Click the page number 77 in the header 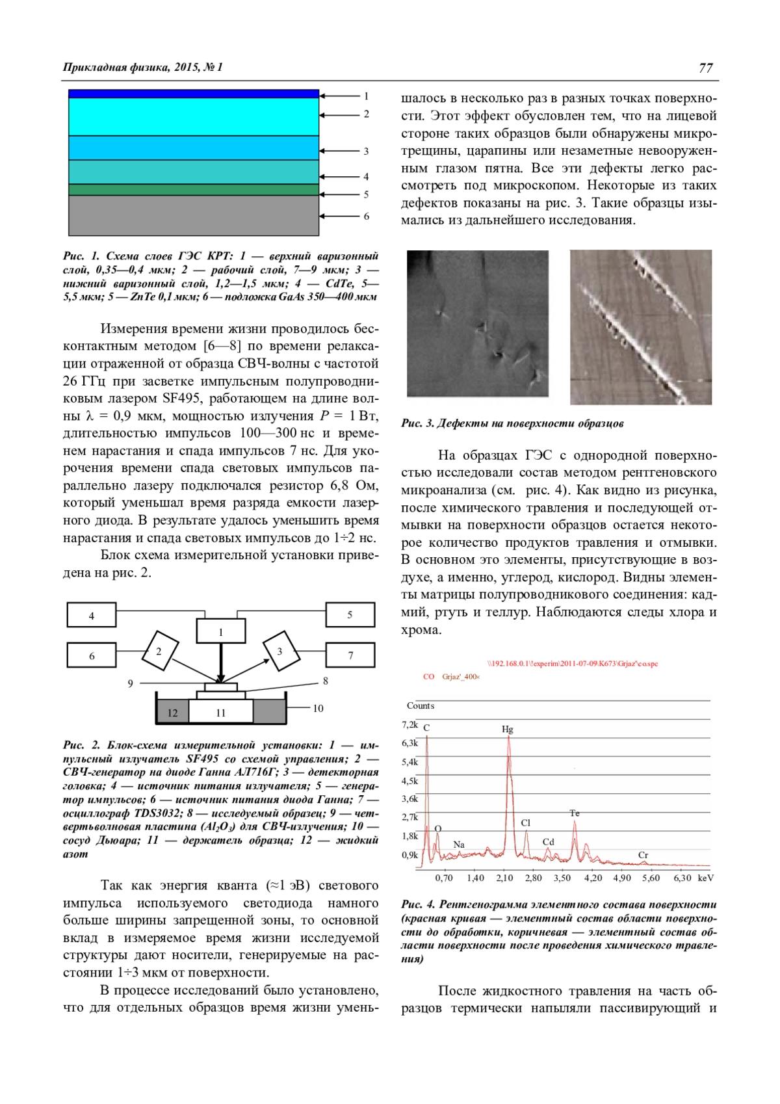[706, 68]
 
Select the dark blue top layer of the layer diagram [194, 94]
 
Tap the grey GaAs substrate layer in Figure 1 [194, 215]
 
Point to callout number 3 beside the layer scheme [366, 151]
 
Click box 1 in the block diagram [221, 631]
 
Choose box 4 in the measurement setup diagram [92, 615]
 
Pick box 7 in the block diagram [350, 655]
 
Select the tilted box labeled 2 [159, 650]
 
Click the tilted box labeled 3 [279, 650]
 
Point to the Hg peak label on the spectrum [508, 729]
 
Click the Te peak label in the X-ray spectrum [575, 813]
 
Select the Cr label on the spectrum [643, 855]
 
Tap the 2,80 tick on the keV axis [533, 878]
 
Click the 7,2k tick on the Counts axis [409, 724]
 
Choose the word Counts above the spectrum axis [421, 705]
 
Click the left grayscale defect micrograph [478, 323]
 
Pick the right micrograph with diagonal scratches [641, 327]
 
